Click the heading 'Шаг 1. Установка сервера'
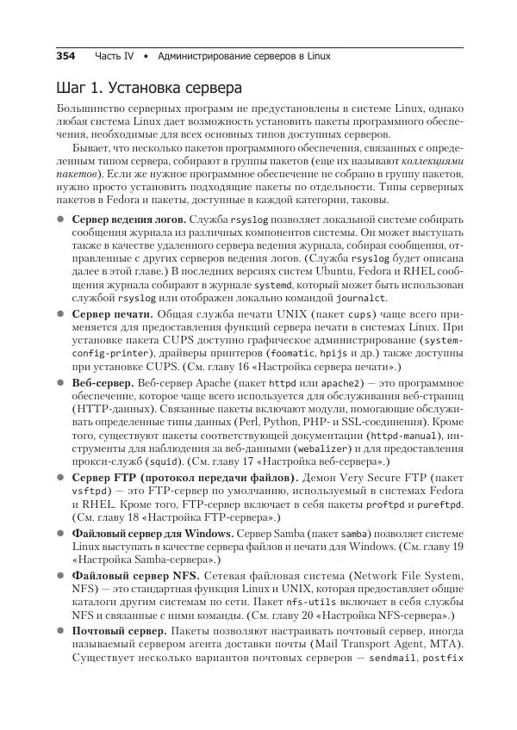coord(148,88)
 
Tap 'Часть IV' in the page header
coord(114,56)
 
